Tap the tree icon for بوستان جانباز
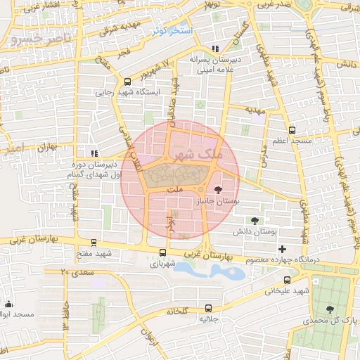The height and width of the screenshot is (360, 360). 217,189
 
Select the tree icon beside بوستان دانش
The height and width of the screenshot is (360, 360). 254,221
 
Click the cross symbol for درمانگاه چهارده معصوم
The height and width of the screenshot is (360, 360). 282,249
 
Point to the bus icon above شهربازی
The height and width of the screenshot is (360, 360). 163,253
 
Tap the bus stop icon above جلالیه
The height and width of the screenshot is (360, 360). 207,307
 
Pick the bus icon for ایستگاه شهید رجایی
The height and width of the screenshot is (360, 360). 127,81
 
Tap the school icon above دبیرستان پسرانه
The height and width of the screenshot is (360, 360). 214,49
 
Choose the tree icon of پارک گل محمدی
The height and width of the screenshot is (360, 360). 330,309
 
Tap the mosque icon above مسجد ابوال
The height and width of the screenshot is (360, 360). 8,303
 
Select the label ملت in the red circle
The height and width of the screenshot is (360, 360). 175,190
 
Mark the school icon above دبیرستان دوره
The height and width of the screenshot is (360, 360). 94,153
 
